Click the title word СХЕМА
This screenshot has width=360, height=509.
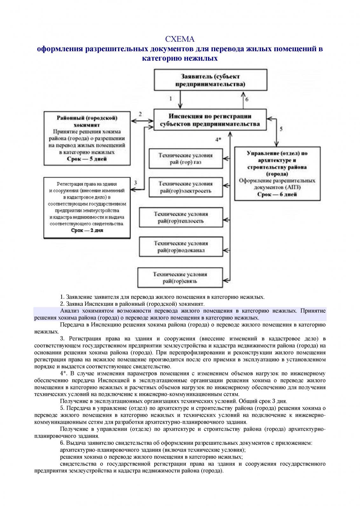pos(180,39)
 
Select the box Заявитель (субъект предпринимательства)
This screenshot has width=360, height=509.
pos(210,80)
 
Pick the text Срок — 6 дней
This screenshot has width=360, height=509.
pos(277,194)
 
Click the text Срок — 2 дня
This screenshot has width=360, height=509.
pos(87,230)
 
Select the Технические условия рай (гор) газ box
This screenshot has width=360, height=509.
pos(185,159)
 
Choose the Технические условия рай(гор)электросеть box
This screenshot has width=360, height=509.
pos(185,187)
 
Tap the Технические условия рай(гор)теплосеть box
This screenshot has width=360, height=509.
pos(181,217)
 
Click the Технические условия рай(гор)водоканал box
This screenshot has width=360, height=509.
pos(181,247)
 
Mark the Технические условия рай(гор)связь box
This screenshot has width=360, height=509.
pos(180,277)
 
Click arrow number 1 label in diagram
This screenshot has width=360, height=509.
pos(171,99)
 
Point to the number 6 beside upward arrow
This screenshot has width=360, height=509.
pos(247,99)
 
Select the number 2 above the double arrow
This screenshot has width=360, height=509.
pos(140,114)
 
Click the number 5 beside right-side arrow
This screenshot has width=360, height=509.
pos(281,129)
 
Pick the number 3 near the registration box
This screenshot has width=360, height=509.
pos(135,183)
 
